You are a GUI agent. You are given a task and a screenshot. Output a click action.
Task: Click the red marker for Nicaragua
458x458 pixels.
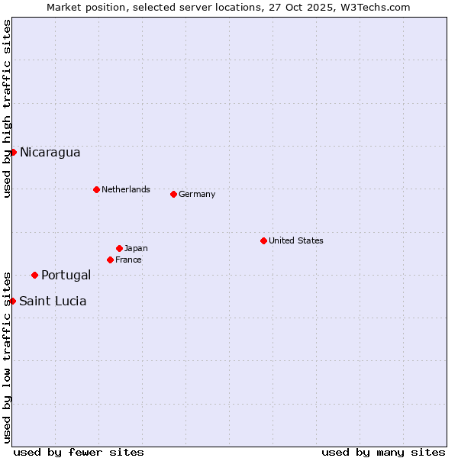tap(13, 152)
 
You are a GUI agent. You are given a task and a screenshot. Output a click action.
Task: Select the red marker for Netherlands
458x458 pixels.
tap(96, 189)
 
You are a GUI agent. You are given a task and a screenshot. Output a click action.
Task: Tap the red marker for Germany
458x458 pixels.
tap(173, 194)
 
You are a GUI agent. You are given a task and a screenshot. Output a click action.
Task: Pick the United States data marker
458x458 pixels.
tap(263, 240)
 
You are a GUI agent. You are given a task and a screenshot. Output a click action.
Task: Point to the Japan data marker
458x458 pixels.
tap(119, 248)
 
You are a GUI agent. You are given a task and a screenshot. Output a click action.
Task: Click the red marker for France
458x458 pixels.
tap(110, 260)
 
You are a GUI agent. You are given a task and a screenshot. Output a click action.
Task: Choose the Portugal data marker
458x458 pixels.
tap(34, 275)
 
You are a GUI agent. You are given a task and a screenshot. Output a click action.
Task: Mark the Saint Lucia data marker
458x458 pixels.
tap(13, 301)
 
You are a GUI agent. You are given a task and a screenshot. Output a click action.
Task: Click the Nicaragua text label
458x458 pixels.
tap(50, 153)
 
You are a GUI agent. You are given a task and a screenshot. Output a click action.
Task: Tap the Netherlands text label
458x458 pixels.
tap(126, 189)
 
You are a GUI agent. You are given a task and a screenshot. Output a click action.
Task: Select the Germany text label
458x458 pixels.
tap(197, 194)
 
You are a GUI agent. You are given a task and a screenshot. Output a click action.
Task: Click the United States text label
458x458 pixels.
tap(296, 240)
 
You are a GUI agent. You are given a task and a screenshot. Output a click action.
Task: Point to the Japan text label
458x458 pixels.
tap(136, 248)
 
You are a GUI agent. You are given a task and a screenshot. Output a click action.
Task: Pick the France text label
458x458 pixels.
tap(128, 260)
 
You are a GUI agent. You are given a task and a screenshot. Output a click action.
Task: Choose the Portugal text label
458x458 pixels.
tap(66, 276)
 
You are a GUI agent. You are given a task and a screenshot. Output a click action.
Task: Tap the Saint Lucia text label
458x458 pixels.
tap(53, 302)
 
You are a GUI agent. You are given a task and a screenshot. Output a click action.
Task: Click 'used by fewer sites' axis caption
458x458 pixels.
tap(79, 452)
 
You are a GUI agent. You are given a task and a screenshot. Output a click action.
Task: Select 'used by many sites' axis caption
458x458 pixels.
tap(383, 452)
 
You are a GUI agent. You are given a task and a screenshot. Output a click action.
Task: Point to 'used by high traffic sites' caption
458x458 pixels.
tap(7, 108)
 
